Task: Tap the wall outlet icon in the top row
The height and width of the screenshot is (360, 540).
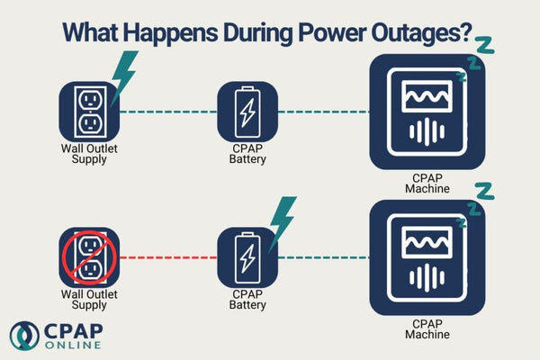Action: tap(88, 112)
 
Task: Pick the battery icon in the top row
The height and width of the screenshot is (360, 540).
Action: tap(247, 112)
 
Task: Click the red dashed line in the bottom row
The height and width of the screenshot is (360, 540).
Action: tap(168, 257)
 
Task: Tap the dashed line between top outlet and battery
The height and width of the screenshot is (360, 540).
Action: tap(168, 112)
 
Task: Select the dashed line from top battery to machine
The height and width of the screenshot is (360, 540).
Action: tap(324, 112)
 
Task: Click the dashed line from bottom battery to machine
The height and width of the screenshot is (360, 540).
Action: tap(324, 257)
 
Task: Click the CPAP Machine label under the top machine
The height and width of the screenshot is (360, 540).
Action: tap(427, 184)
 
